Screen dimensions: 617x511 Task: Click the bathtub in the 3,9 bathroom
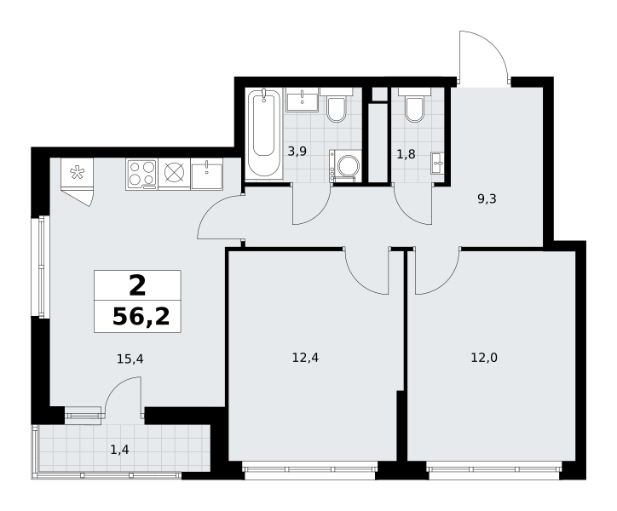pos(263,133)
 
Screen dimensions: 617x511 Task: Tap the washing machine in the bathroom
pos(344,165)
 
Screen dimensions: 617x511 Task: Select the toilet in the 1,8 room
pos(414,104)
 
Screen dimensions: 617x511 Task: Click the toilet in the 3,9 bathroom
pos(336,105)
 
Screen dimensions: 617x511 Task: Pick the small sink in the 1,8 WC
pos(437,163)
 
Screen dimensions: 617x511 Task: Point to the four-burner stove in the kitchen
pos(141,174)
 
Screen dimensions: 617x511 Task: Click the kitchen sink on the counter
pos(206,174)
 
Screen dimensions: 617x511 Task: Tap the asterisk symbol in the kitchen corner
pos(77,173)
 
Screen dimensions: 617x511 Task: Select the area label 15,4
pos(130,359)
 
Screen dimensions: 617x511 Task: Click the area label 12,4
pos(305,358)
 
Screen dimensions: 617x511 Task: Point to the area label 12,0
pos(484,358)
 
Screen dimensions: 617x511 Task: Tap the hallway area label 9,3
pos(487,199)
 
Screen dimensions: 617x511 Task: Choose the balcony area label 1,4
pos(119,450)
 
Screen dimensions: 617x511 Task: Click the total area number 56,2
pos(141,317)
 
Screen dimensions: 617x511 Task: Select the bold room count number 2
pos(137,285)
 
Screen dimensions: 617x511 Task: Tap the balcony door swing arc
pos(114,388)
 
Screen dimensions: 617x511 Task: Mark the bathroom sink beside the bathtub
pos(303,100)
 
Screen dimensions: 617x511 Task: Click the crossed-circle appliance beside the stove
pos(175,173)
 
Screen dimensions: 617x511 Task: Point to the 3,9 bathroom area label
pos(297,151)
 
